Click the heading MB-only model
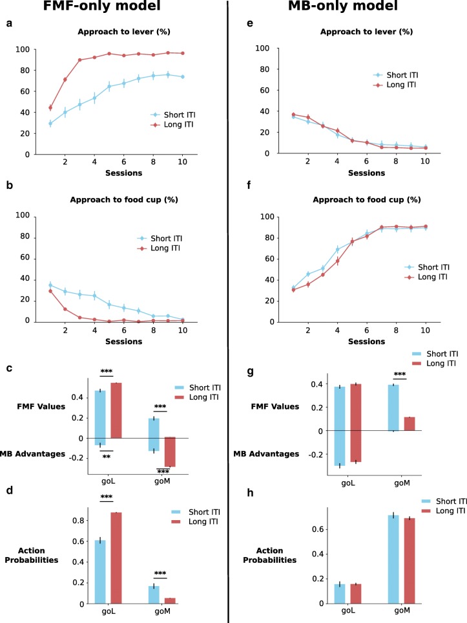pyautogui.click(x=349, y=8)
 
